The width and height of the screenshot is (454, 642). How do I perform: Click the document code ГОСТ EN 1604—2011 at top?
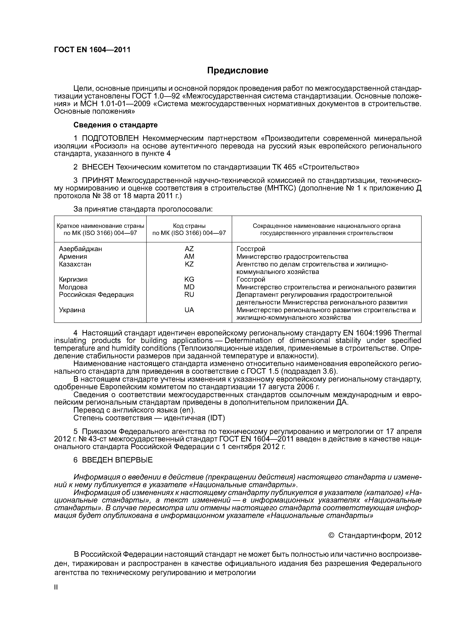pos(92,50)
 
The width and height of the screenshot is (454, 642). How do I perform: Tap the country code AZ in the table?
pos(189,249)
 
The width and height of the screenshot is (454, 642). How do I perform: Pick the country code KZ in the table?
pos(189,264)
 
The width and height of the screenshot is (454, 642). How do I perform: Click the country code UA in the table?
pos(189,310)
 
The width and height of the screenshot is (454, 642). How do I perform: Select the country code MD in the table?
pos(189,287)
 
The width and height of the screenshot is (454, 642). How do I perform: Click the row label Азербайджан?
pos(80,249)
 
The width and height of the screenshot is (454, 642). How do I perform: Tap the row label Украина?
pos(72,310)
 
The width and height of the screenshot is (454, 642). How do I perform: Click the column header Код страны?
pos(189,226)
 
